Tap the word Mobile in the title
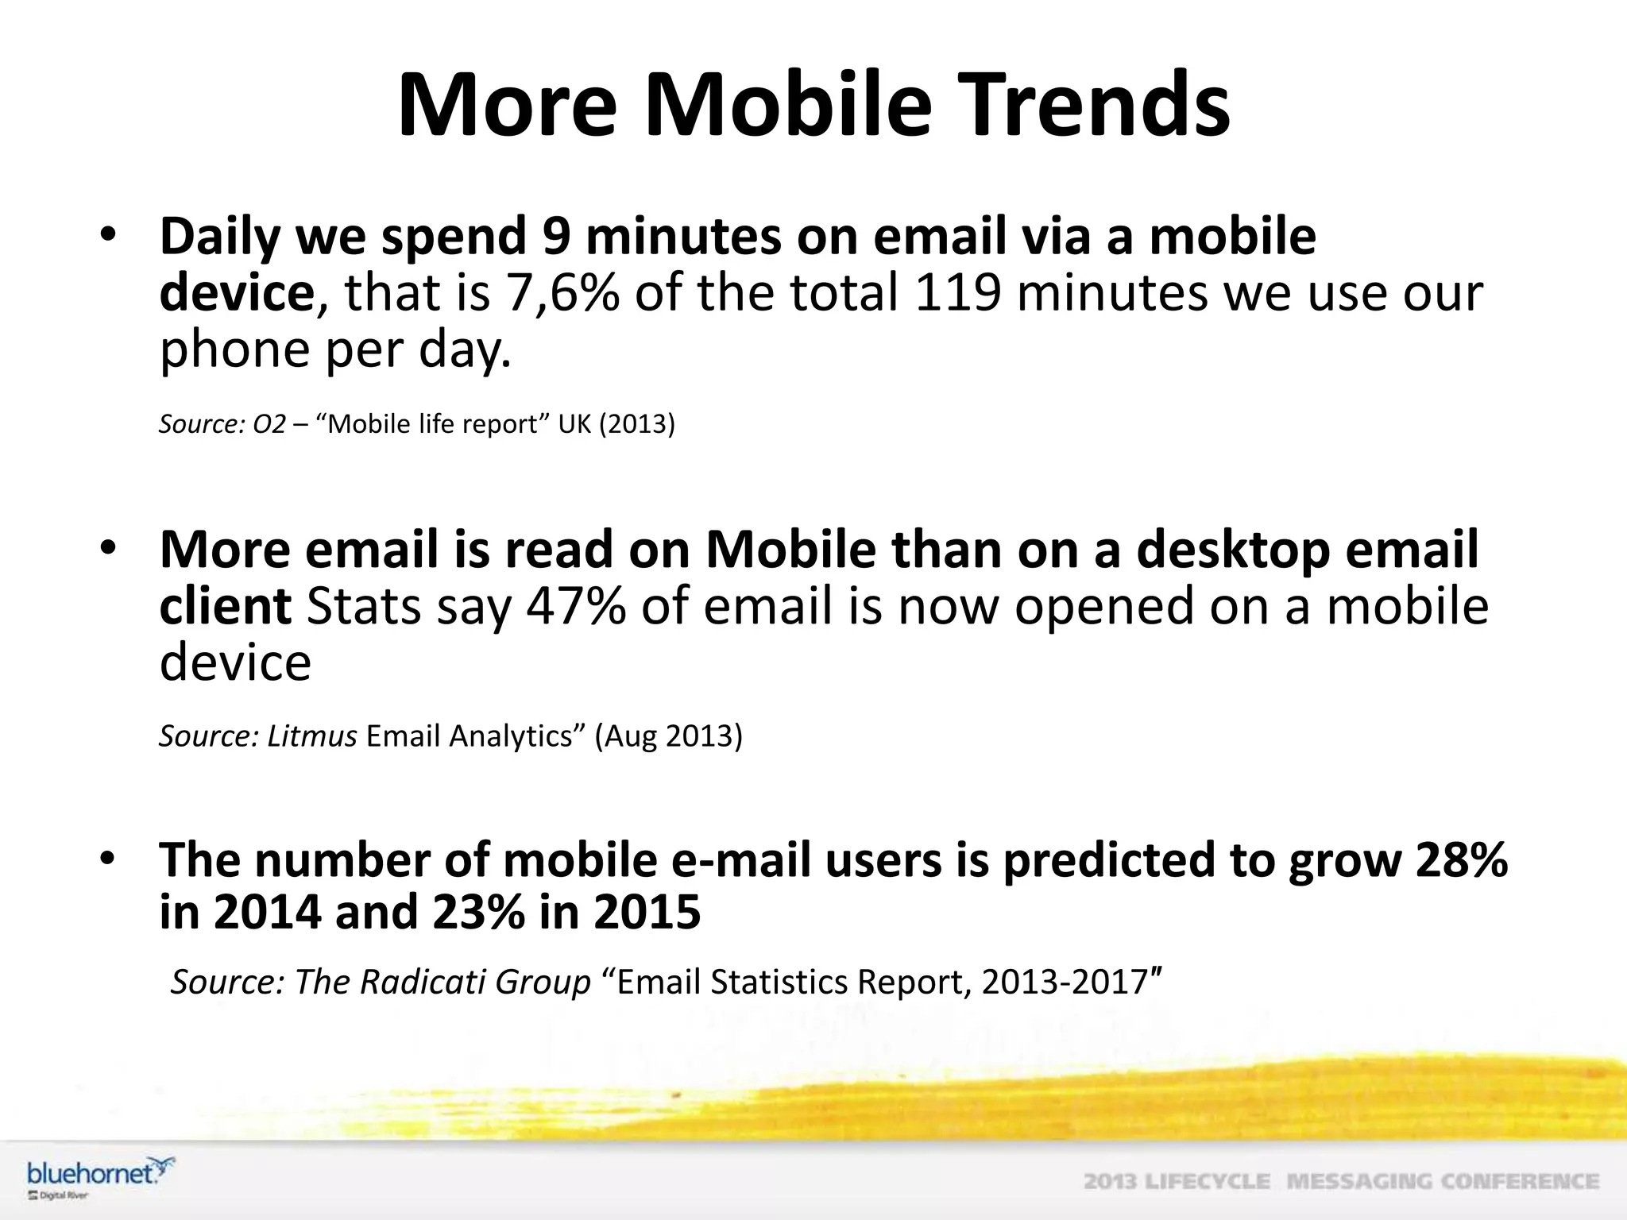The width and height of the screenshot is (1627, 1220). coord(786,106)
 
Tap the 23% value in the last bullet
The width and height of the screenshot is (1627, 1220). coord(479,912)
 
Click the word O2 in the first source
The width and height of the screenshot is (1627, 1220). coord(269,424)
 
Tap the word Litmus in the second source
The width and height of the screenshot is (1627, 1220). coord(311,736)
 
